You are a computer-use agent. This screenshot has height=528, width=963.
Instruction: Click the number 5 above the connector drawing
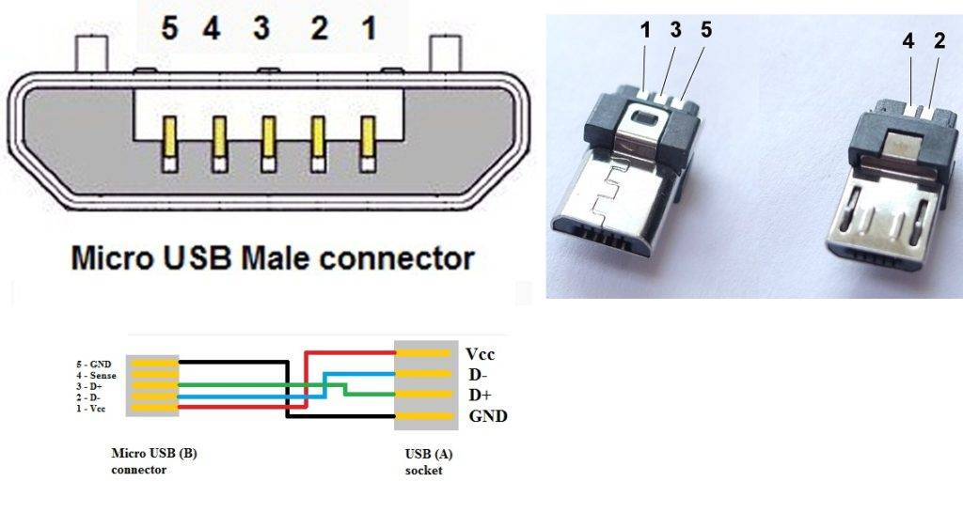(169, 29)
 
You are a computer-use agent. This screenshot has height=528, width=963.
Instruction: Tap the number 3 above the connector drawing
(260, 29)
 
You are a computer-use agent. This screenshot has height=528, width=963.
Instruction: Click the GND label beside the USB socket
(486, 414)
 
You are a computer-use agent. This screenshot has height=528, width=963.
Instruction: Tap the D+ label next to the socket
(481, 395)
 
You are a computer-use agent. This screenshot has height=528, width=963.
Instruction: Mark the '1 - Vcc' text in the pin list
(91, 410)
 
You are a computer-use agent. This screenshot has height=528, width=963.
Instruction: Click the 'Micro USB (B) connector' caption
(153, 460)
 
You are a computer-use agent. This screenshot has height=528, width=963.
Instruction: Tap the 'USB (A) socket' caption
(429, 461)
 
